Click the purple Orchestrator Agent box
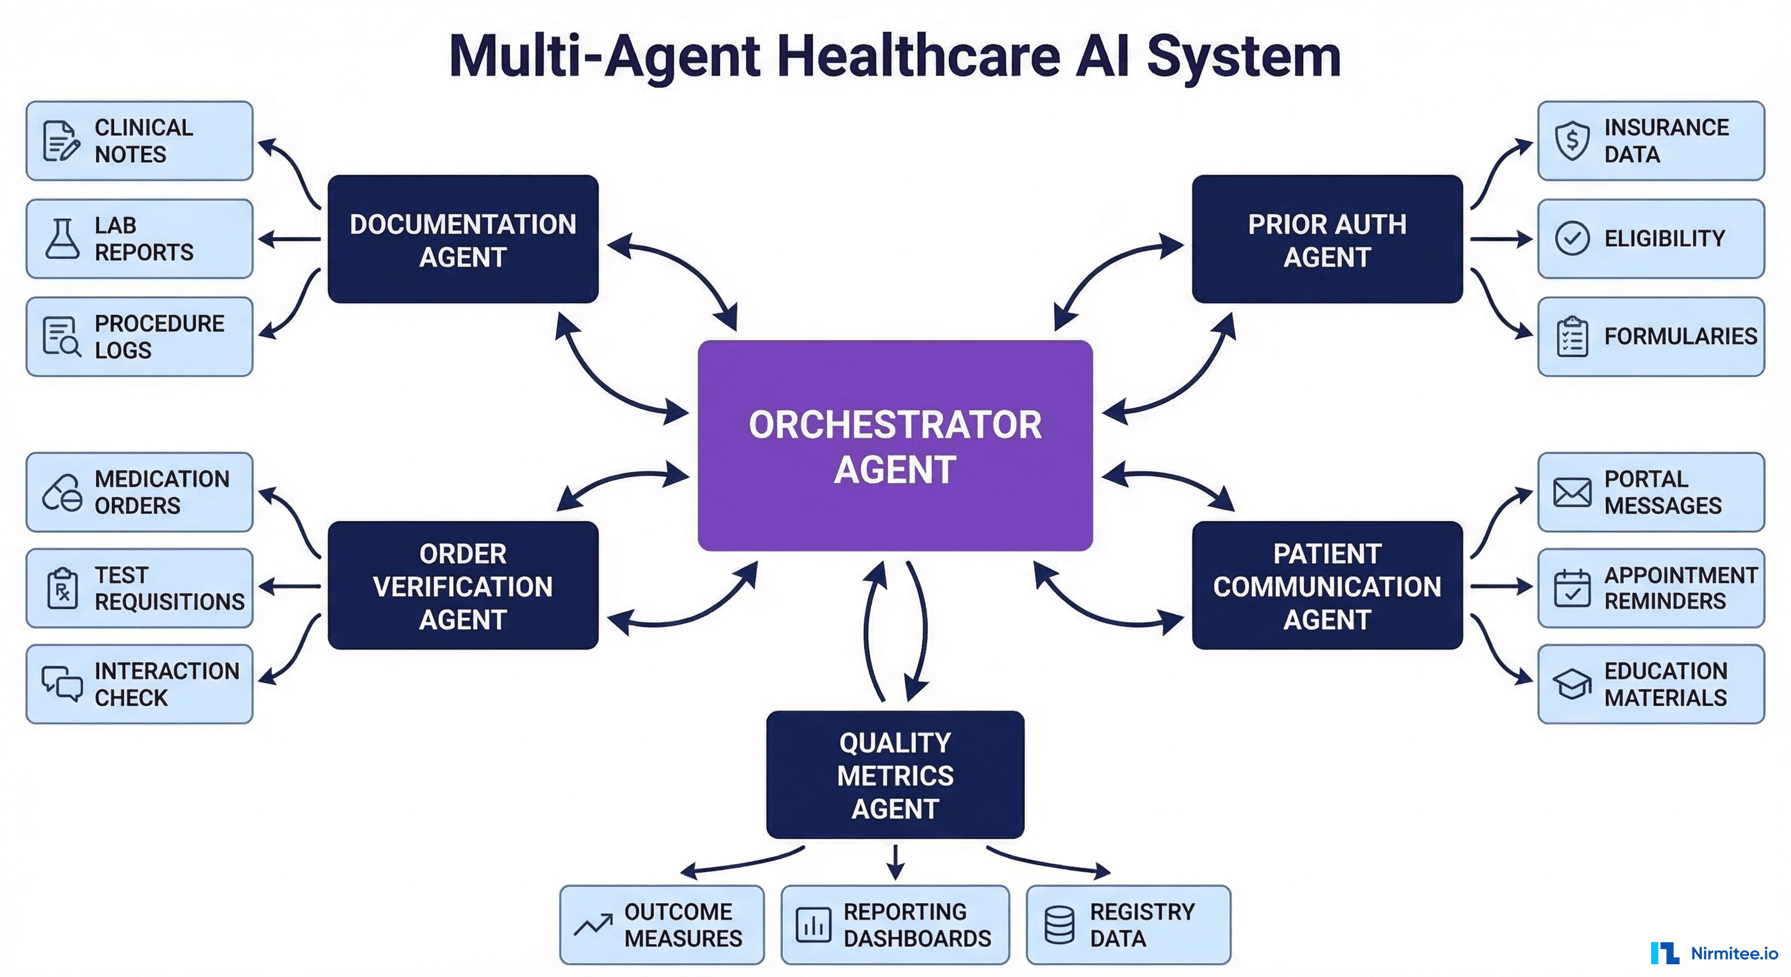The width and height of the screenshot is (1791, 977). [x=895, y=445]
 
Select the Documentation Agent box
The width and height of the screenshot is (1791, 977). [x=463, y=239]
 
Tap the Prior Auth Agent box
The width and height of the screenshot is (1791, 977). [x=1327, y=239]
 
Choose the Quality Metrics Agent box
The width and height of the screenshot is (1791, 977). [x=895, y=775]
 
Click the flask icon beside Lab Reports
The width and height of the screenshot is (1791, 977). [x=62, y=239]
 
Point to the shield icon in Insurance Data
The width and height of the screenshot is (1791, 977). [x=1572, y=141]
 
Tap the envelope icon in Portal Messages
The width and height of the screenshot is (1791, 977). [x=1572, y=492]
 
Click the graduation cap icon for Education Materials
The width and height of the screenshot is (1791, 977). [x=1572, y=684]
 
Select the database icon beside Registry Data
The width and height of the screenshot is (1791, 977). [x=1059, y=925]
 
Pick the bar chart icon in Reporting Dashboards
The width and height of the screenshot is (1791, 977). [x=813, y=925]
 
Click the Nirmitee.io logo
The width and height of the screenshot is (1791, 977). [x=1714, y=953]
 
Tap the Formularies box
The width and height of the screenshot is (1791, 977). [x=1650, y=336]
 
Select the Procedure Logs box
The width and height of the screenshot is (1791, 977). [x=139, y=336]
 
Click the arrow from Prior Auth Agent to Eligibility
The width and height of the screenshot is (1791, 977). [x=1502, y=239]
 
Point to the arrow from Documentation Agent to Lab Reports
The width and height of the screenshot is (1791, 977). [x=289, y=239]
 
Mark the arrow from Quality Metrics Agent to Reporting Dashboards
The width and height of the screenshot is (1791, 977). [x=895, y=863]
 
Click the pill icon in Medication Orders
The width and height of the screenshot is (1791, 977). [x=62, y=492]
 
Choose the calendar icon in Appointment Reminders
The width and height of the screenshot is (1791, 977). [x=1572, y=588]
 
